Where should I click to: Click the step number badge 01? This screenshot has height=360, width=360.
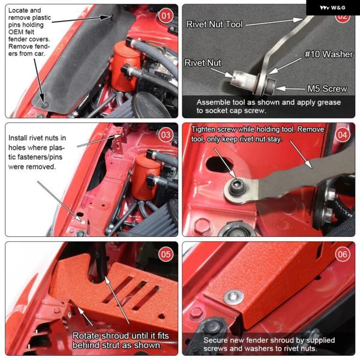166,16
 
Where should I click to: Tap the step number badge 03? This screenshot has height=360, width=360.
166,135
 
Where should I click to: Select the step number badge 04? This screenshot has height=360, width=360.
343,135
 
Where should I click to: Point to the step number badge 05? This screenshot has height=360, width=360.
166,254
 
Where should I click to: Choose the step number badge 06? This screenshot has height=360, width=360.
343,254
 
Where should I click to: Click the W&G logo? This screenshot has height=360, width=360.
332,8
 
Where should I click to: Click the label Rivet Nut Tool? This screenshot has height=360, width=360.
214,25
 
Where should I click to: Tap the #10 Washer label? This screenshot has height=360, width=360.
329,54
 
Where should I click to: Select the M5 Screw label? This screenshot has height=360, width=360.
328,89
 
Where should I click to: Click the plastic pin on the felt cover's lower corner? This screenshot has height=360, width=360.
44,104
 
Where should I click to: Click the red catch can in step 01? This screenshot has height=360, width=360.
125,66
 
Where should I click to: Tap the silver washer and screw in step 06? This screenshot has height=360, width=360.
233,296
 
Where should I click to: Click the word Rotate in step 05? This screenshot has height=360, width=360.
86,336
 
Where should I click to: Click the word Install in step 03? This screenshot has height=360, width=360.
17,138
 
